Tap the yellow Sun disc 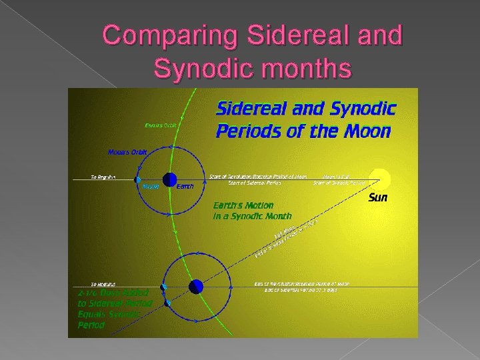click(379, 179)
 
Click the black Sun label click(378, 198)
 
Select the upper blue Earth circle click(169, 179)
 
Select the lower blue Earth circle click(195, 287)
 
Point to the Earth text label click(185, 187)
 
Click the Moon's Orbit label click(127, 151)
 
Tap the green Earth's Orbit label click(162, 125)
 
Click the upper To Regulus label click(103, 177)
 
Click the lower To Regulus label click(103, 283)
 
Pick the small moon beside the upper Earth click(138, 179)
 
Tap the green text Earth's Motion click(243, 205)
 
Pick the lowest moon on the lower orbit click(168, 303)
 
